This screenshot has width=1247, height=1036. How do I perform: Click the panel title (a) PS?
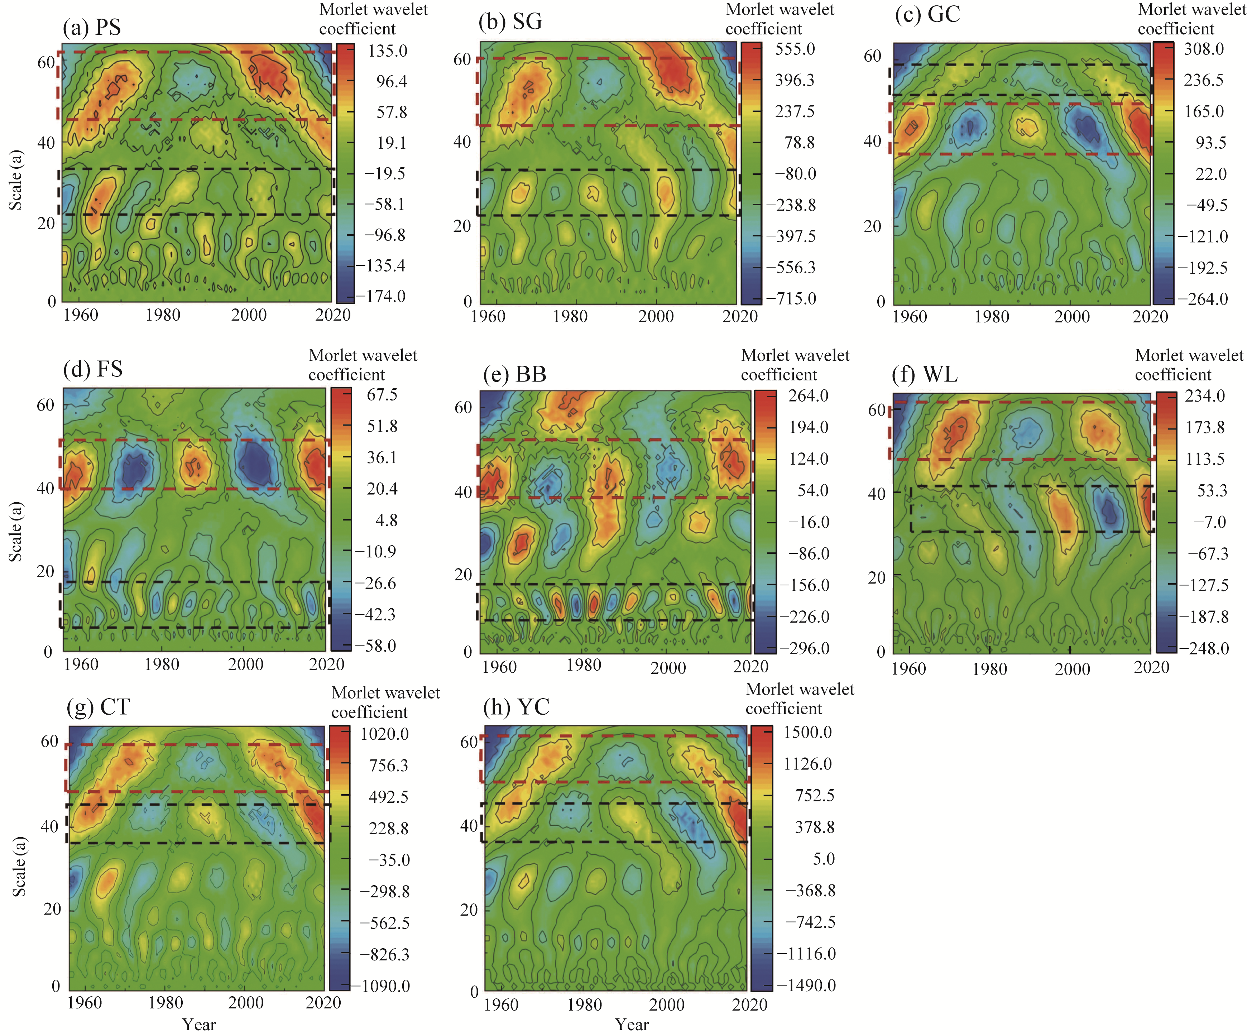[92, 27]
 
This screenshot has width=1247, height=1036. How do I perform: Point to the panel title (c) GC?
[927, 14]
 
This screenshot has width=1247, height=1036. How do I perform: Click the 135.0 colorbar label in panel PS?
[387, 51]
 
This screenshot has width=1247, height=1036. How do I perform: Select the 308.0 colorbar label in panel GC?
[1204, 49]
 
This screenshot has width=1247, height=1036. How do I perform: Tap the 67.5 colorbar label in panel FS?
[382, 395]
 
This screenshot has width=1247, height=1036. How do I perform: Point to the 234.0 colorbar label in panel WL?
[1205, 396]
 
